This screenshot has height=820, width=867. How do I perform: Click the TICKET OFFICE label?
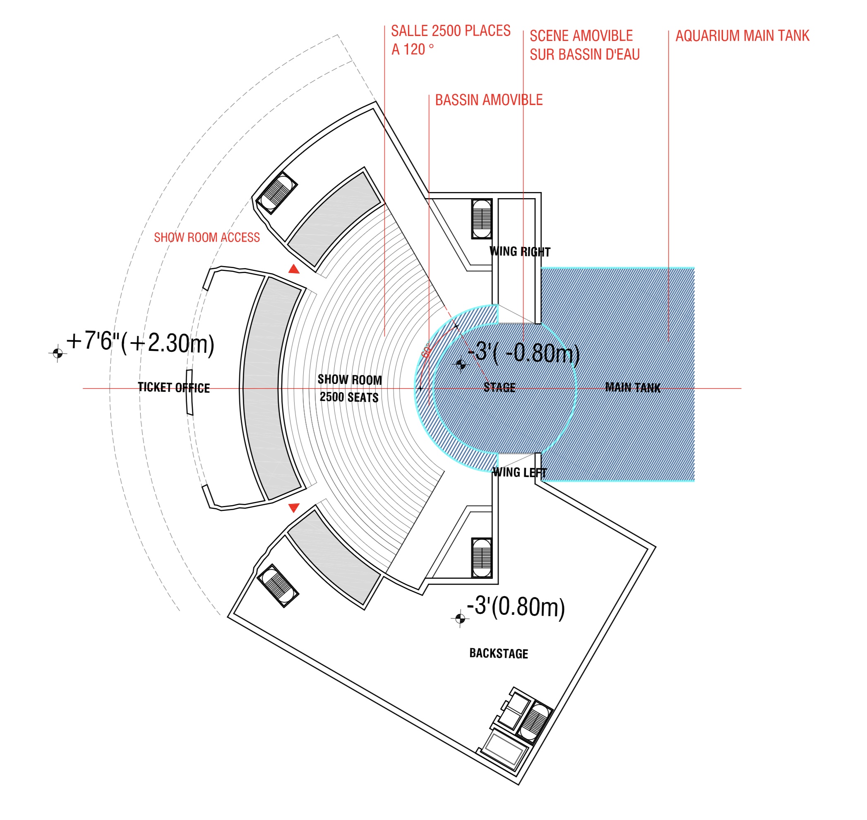(173, 387)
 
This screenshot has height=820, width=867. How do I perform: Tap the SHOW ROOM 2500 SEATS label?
(349, 388)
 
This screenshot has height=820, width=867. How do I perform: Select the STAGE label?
(500, 387)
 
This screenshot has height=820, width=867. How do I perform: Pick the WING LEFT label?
(519, 472)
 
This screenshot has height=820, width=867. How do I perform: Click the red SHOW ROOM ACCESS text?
(207, 237)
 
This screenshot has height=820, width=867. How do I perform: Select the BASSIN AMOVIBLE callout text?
(488, 100)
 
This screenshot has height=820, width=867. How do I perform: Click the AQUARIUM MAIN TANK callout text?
(742, 36)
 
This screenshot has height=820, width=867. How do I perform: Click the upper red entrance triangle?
(294, 269)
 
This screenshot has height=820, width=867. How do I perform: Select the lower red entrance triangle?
(294, 507)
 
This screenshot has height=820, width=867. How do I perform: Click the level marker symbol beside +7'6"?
(57, 352)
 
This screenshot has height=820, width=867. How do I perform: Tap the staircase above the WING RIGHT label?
(481, 218)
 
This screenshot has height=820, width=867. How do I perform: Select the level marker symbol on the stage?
(460, 364)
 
